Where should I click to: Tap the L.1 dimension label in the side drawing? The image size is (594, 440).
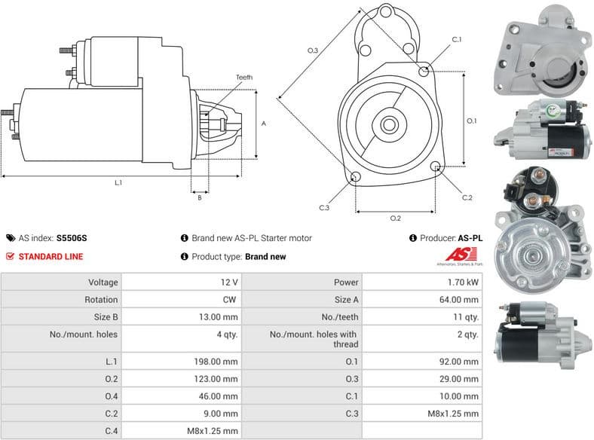(118, 182)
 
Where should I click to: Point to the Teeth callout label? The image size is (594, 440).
(243, 78)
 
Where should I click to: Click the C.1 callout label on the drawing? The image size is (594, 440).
(457, 39)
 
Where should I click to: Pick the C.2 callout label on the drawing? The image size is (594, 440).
(467, 197)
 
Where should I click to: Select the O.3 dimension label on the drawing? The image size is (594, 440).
(313, 50)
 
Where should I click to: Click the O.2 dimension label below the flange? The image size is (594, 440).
(395, 218)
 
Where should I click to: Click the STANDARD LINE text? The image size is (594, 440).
(51, 256)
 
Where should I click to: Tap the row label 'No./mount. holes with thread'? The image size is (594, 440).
(302, 339)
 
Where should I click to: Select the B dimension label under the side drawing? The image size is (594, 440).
(199, 198)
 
